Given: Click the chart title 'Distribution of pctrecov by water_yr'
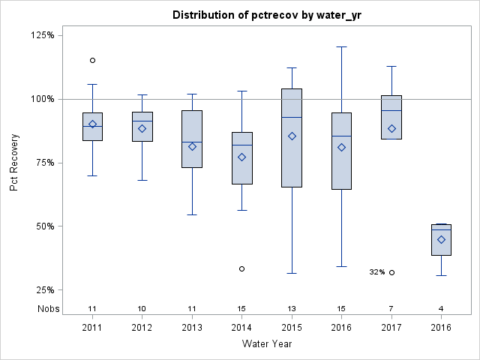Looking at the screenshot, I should point(266,15).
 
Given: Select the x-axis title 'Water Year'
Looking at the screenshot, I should point(266,343).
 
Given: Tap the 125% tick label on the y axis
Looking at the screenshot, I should point(41,35).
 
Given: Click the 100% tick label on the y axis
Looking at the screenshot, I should point(41,99).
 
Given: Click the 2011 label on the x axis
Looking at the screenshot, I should point(92,328).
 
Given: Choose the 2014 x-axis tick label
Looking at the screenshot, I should point(241,328).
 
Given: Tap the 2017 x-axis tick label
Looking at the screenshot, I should point(391,328).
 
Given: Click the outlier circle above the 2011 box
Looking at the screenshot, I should point(92,60).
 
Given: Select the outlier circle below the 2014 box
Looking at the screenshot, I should point(241,268).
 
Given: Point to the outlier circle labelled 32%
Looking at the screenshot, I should point(391,272).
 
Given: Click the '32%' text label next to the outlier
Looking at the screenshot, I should point(376,272).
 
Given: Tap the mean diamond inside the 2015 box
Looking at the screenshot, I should point(292,136).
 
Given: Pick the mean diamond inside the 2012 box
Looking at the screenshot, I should point(142,128).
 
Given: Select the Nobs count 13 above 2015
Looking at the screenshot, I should point(292,308).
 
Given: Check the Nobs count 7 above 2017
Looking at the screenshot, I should point(391,308).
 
